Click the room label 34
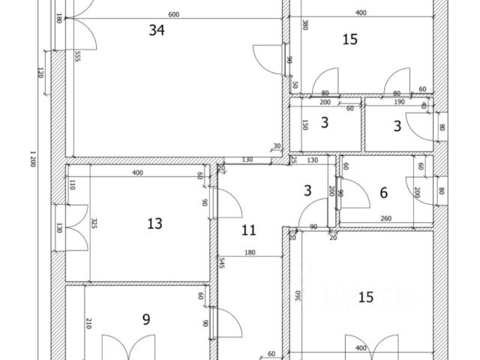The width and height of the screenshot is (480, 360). pos(157,30)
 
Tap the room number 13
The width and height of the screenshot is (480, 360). pos(154,223)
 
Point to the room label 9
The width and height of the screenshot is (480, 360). pos(146,319)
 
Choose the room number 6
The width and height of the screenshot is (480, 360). pos(383,193)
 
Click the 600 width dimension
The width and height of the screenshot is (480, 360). pos(174,14)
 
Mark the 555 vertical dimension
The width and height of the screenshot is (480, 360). pos(76,57)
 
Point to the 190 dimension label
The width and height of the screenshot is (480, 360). pos(399,101)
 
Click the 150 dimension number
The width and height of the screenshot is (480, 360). pos(304,125)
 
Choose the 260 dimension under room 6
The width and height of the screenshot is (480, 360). pos(387,219)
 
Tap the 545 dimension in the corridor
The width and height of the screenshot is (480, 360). pos(223,263)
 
